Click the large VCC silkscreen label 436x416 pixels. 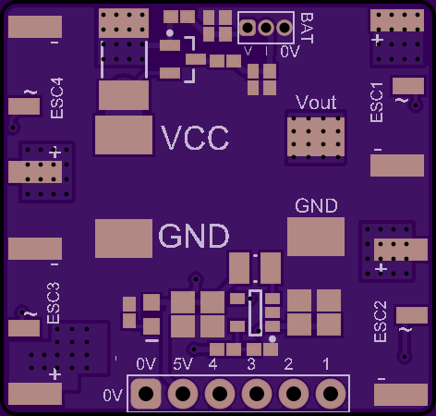(x=195, y=138)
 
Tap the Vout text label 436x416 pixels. (x=316, y=102)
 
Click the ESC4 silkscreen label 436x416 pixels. (x=57, y=98)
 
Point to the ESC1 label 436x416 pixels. (x=377, y=102)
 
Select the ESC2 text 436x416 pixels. (x=380, y=322)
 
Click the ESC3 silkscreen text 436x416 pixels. (x=54, y=303)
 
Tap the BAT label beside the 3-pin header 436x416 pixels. (x=307, y=28)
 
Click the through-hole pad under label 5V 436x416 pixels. (x=183, y=394)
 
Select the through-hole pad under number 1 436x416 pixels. (x=331, y=394)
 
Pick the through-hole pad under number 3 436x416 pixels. (x=257, y=394)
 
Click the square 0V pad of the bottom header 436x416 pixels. (x=146, y=394)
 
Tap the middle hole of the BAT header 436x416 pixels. (x=266, y=28)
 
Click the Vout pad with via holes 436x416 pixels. (x=316, y=137)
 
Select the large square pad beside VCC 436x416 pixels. (x=124, y=135)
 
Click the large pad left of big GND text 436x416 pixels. (x=124, y=239)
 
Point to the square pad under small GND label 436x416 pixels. (x=316, y=237)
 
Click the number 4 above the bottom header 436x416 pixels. (x=212, y=364)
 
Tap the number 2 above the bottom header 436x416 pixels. (x=288, y=364)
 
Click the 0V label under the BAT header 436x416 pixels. (x=290, y=52)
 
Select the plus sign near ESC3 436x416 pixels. (x=54, y=374)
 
